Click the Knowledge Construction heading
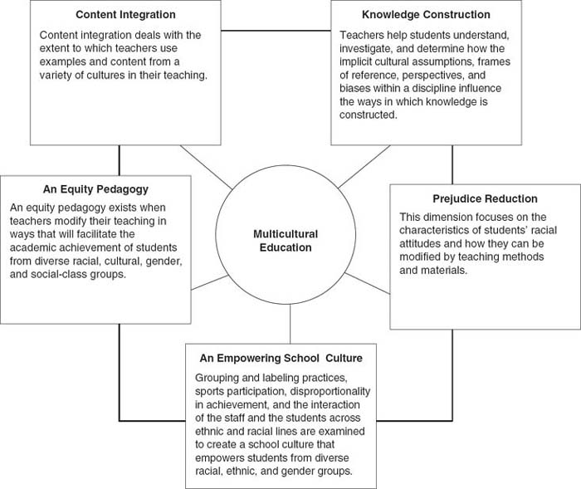[x=426, y=15]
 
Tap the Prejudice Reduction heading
[x=485, y=199]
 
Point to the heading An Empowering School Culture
[x=281, y=358]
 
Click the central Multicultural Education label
[x=286, y=241]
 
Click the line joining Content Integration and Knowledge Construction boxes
[x=276, y=32]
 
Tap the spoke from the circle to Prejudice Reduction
[x=373, y=283]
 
